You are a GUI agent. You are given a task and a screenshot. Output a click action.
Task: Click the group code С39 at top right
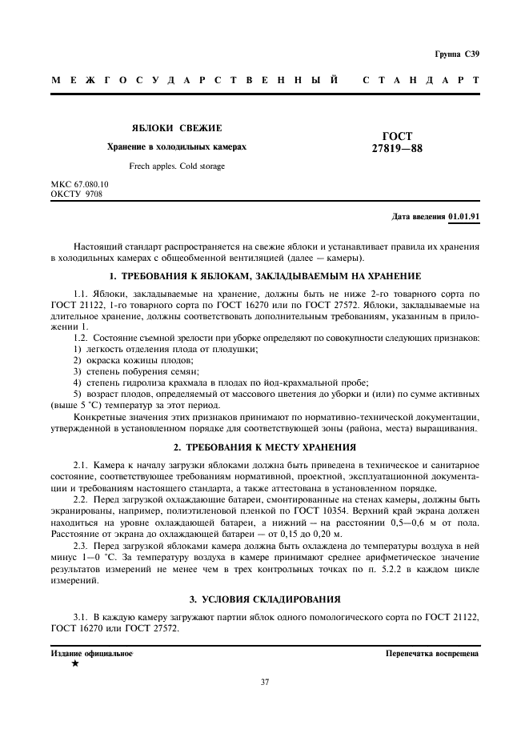(x=471, y=54)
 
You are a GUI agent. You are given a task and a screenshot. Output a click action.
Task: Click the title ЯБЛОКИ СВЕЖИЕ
(x=177, y=128)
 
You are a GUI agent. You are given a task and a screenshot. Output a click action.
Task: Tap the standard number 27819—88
(x=397, y=148)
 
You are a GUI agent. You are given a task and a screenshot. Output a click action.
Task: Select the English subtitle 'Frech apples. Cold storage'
(x=177, y=166)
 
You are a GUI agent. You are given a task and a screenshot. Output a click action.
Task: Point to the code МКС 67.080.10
(x=79, y=184)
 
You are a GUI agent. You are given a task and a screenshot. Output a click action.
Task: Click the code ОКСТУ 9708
(x=76, y=193)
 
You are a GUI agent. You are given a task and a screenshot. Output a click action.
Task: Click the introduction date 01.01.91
(x=464, y=217)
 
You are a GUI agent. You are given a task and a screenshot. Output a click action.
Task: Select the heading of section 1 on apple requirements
(x=264, y=276)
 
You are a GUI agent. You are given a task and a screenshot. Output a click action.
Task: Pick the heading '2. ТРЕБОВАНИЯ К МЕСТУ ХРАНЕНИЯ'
(x=264, y=447)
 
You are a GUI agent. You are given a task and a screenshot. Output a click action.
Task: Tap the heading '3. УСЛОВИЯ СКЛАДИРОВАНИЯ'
(x=264, y=599)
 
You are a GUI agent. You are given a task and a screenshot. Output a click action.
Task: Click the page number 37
(x=264, y=682)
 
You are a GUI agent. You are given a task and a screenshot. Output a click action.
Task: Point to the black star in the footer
(x=75, y=663)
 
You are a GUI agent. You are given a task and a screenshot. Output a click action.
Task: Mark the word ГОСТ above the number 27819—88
(x=397, y=137)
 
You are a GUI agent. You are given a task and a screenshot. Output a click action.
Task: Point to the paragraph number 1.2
(x=81, y=339)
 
